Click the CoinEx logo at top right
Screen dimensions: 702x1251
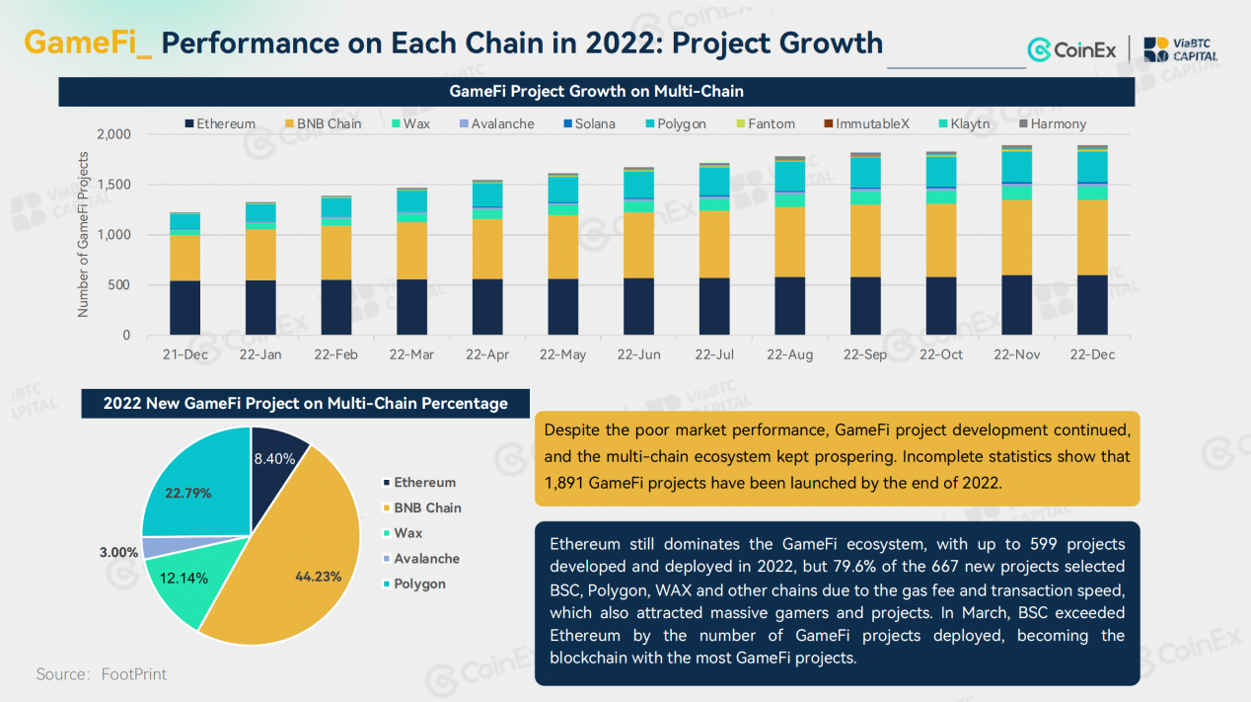pyautogui.click(x=1071, y=49)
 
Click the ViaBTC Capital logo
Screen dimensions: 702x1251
pyautogui.click(x=1180, y=49)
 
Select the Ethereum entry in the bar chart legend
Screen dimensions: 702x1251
pyautogui.click(x=220, y=124)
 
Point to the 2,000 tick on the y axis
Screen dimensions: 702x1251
pyautogui.click(x=113, y=134)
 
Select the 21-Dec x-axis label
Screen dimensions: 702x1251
pyautogui.click(x=185, y=354)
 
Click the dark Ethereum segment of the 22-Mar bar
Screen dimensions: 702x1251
pyautogui.click(x=412, y=307)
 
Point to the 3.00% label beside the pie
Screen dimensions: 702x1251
pyautogui.click(x=118, y=553)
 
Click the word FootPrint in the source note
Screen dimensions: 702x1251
pyautogui.click(x=134, y=674)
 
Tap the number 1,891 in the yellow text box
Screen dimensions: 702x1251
pyautogui.click(x=565, y=484)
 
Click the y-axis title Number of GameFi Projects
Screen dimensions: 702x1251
pyautogui.click(x=83, y=234)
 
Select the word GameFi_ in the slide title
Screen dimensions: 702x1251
pyautogui.click(x=88, y=43)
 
